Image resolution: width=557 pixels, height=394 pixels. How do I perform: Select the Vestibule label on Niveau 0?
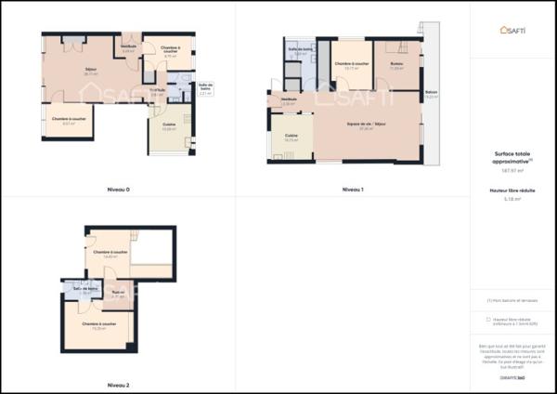click(129, 46)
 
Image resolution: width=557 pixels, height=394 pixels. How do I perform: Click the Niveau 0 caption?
click(117, 190)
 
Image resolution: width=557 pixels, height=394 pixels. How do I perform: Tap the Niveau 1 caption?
click(352, 190)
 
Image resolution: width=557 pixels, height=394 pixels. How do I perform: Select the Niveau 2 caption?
click(117, 384)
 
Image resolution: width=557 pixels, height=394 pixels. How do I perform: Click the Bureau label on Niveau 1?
click(396, 64)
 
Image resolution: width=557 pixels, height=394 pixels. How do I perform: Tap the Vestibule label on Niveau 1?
click(289, 100)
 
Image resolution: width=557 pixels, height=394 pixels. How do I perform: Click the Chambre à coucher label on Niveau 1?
click(351, 63)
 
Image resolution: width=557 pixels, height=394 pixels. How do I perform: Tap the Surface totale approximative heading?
click(512, 158)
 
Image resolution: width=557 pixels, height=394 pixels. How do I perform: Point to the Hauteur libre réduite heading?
click(512, 190)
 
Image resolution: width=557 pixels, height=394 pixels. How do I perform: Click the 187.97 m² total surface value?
click(512, 170)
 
